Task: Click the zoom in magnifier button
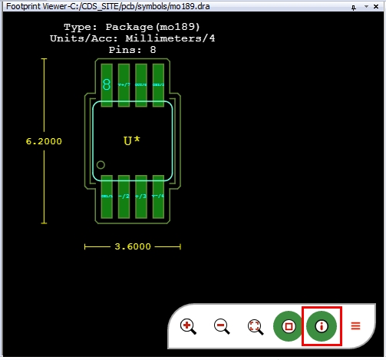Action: pos(186,325)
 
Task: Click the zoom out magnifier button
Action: pos(221,325)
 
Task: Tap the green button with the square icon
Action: pos(289,325)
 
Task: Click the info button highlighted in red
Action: pos(322,325)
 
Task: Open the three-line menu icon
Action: pos(355,325)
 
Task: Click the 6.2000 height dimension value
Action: pos(44,141)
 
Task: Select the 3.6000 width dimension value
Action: pos(133,247)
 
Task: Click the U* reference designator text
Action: pos(132,141)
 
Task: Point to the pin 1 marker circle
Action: pos(101,164)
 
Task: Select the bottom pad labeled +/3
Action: pos(140,197)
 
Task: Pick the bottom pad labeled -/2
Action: pos(123,197)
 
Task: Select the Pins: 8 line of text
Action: pos(132,48)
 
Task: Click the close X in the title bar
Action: pos(378,6)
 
